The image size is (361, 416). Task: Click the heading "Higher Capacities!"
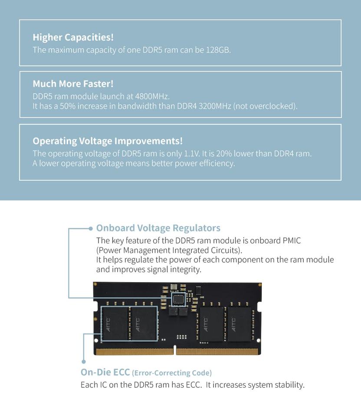73,37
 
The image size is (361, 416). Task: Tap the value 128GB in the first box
218,50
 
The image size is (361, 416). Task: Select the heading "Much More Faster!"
73,84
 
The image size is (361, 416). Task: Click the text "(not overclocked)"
265,106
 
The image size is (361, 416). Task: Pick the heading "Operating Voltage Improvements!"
108,141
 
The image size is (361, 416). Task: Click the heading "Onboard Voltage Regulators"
158,228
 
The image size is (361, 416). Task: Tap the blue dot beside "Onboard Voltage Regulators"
90,228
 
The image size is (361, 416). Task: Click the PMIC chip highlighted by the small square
178,299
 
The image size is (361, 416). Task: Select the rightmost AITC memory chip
239,325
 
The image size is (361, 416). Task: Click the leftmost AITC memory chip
115,325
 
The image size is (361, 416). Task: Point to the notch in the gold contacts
174,349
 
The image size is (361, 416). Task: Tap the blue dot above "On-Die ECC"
83,361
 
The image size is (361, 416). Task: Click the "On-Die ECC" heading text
105,372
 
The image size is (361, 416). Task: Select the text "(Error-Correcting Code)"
172,373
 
